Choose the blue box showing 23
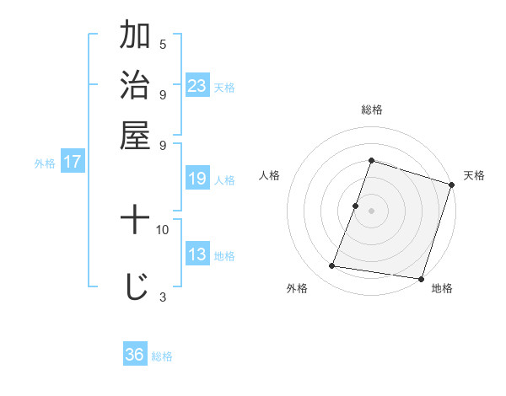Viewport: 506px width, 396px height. pyautogui.click(x=197, y=86)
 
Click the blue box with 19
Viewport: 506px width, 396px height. pyautogui.click(x=197, y=179)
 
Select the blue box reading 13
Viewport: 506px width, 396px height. pyautogui.click(x=197, y=254)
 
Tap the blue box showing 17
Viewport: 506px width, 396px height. pyautogui.click(x=72, y=163)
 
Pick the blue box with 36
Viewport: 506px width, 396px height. pyautogui.click(x=134, y=355)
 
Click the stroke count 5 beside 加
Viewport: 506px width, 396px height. pyautogui.click(x=163, y=45)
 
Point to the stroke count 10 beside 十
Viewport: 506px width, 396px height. pyautogui.click(x=163, y=229)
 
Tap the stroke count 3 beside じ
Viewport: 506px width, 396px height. pyautogui.click(x=163, y=296)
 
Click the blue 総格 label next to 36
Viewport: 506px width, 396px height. pyautogui.click(x=162, y=356)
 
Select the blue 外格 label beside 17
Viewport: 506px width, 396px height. pyautogui.click(x=45, y=164)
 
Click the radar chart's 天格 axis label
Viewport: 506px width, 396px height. pyautogui.click(x=474, y=175)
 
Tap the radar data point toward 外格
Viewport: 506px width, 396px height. pyautogui.click(x=332, y=266)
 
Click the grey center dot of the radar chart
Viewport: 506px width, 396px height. pyautogui.click(x=372, y=210)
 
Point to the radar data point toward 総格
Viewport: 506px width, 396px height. pyautogui.click(x=372, y=161)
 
